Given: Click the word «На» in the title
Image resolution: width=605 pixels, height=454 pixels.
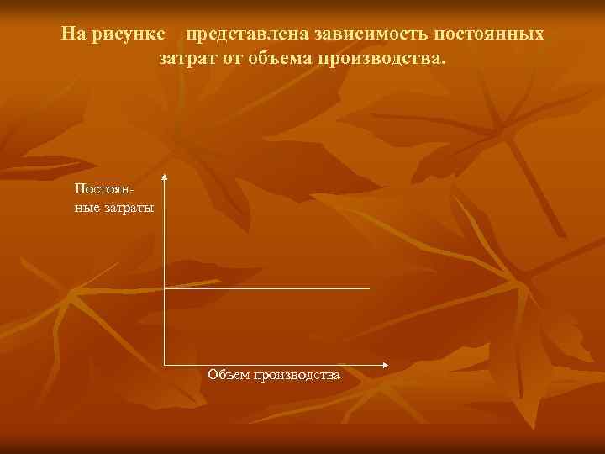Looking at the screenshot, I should tap(73, 34).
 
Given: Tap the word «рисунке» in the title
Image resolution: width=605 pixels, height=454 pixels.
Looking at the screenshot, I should tap(129, 34).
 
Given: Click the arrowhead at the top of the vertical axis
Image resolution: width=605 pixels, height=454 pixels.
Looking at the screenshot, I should tap(165, 177).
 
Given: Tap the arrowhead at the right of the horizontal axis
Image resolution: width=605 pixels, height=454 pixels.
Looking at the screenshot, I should tap(385, 365).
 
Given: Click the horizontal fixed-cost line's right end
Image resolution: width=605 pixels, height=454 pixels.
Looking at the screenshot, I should tap(369, 288).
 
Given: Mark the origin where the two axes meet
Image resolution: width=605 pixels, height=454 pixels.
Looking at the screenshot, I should tap(165, 365).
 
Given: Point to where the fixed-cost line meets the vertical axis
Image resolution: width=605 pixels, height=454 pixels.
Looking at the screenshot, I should tap(165, 288).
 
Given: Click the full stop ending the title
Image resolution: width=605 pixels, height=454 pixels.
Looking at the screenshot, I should tap(445, 64).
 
